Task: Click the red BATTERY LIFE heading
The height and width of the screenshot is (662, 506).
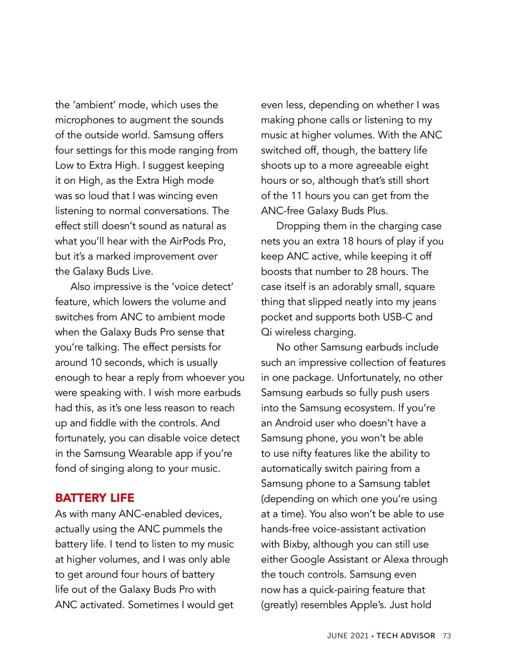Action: coord(95,498)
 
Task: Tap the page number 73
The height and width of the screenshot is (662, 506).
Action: coord(447,636)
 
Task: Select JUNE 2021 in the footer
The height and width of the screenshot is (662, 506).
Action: coord(347,636)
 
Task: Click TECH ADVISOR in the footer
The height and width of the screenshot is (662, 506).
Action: coord(406,636)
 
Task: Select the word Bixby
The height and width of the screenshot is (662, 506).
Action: coord(296,544)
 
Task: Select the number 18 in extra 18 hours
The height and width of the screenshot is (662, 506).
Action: coord(348,241)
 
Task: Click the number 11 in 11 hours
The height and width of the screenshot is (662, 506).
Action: coord(297,196)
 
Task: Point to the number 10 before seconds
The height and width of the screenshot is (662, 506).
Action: coord(96,363)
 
